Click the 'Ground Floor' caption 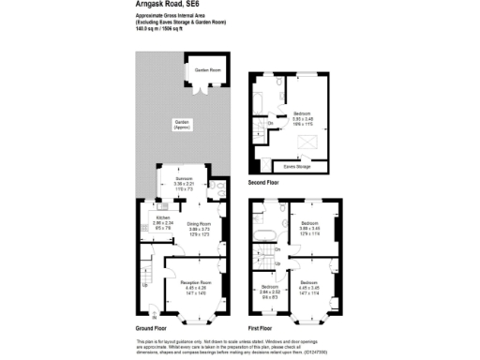(151, 328)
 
